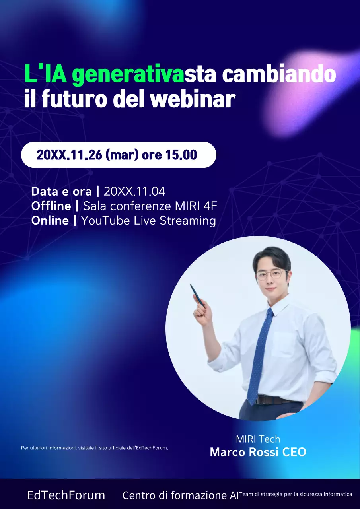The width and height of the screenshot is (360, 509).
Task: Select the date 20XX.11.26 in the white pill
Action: coord(69,155)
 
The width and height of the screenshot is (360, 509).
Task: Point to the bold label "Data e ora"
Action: coord(61,191)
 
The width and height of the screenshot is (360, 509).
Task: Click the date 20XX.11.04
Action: coord(134,191)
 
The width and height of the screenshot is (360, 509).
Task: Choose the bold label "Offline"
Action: coord(51,206)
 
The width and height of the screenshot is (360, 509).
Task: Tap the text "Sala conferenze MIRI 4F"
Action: coord(150,206)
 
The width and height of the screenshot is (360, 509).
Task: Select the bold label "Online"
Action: coord(50,220)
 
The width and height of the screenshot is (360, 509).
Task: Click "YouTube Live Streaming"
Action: coord(148,220)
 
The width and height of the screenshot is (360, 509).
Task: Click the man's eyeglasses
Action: coord(272,275)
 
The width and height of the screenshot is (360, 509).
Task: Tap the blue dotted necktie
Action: coord(261,354)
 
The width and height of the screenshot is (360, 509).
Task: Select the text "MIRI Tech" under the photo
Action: coord(258,439)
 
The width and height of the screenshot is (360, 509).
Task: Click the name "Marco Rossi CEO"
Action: coord(258,452)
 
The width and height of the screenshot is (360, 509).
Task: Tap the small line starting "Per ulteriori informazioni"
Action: coord(94,448)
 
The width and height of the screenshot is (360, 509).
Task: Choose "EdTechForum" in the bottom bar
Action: coord(66,495)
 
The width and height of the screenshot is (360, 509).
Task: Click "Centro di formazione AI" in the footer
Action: coord(181,495)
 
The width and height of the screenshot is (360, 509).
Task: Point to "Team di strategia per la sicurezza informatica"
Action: coord(296,494)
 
